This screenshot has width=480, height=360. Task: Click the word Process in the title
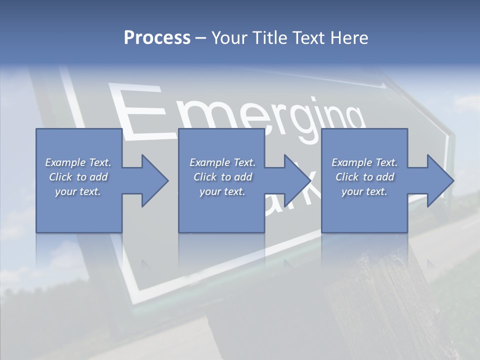pos(157,38)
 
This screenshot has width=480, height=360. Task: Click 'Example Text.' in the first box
pos(78,162)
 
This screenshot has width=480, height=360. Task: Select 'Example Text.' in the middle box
pos(222,162)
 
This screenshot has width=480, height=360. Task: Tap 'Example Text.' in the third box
pos(364,162)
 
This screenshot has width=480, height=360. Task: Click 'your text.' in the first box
pos(78,191)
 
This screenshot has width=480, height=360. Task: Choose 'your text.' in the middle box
pos(222,191)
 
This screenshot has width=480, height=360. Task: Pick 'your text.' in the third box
pos(364,191)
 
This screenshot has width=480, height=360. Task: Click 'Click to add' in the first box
pos(78,177)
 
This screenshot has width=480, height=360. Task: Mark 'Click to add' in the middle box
pos(222,177)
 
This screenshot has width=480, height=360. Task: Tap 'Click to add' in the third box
pos(364,177)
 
